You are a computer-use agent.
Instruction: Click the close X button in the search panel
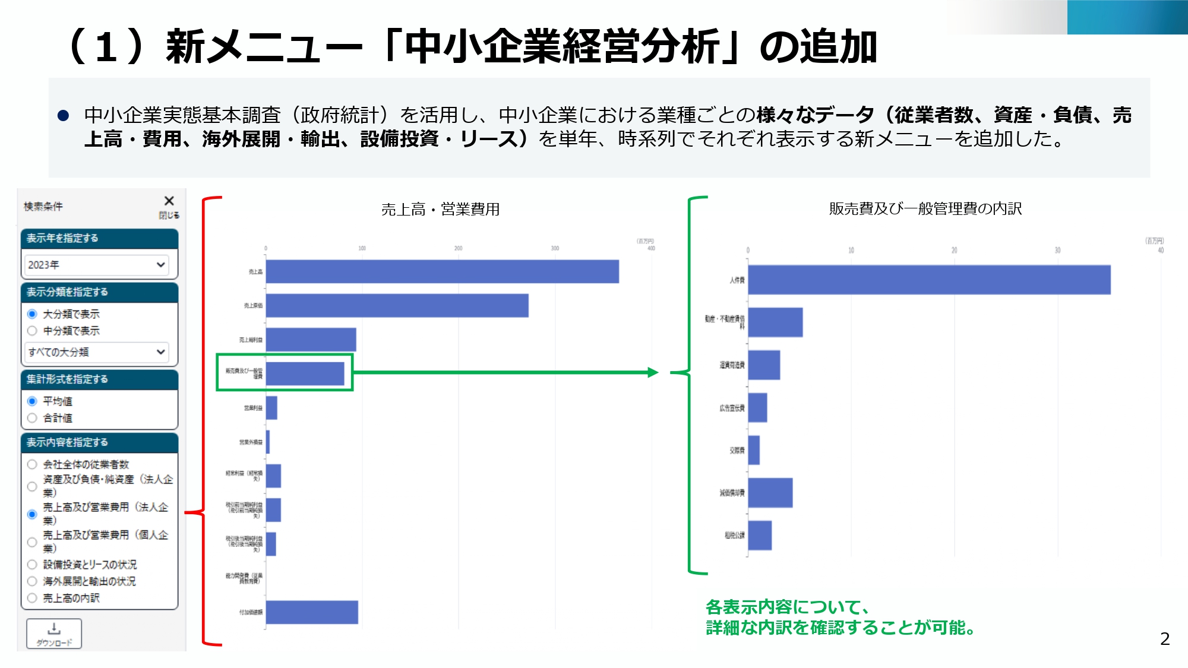click(169, 201)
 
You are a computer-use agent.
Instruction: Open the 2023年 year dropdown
click(96, 265)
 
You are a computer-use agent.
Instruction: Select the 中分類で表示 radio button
click(32, 331)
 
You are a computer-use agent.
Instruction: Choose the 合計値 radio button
click(32, 418)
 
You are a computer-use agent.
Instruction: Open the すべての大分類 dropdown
click(96, 352)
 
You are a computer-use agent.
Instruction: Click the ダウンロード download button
click(54, 634)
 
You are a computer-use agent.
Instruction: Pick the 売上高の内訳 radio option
click(32, 598)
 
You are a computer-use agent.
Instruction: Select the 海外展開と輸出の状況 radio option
click(32, 581)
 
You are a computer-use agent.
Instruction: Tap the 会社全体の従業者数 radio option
click(32, 464)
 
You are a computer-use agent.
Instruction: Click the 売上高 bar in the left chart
click(442, 271)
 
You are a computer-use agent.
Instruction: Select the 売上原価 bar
click(397, 306)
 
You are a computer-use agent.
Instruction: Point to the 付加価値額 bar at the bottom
click(312, 612)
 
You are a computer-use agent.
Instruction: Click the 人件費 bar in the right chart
click(929, 280)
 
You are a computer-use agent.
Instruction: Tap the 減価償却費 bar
click(770, 493)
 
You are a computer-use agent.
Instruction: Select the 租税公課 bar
click(760, 536)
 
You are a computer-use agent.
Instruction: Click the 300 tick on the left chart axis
click(555, 248)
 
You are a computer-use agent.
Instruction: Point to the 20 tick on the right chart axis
click(954, 251)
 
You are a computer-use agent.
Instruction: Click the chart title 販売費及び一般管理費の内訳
click(925, 208)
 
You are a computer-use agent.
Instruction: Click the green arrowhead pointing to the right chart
click(653, 372)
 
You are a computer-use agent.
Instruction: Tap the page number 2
click(1165, 639)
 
